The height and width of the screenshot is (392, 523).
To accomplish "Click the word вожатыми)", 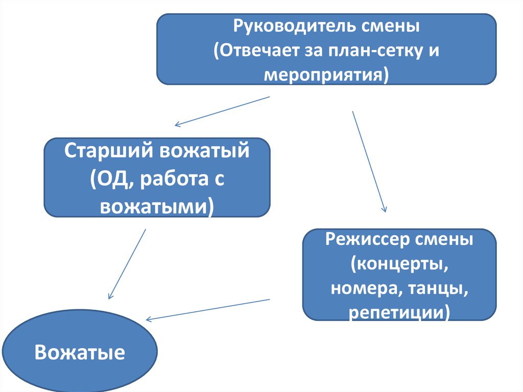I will (x=157, y=207).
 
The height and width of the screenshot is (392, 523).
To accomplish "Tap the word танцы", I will (x=439, y=289).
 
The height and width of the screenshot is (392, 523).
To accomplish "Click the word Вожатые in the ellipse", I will (x=80, y=353).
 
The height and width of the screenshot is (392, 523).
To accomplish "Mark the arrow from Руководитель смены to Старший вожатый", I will (x=222, y=110).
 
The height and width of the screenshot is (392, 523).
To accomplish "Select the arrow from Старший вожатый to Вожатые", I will (x=127, y=264).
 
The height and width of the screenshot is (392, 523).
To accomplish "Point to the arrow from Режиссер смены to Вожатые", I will (x=208, y=309).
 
